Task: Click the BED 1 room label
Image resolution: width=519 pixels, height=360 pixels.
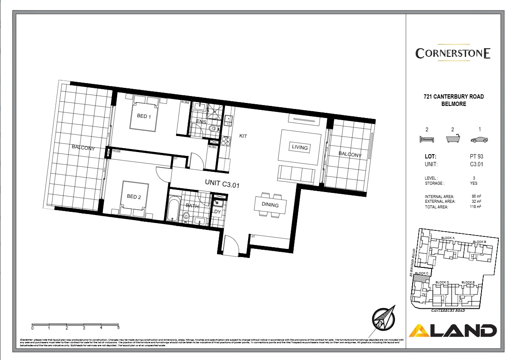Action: coord(144,116)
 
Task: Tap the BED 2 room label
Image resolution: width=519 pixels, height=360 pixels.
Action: coord(134,197)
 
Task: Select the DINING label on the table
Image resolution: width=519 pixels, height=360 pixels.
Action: coord(270,205)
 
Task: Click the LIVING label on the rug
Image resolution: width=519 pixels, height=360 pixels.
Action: coord(300,147)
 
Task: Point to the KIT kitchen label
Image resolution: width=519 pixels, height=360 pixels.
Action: coord(243,136)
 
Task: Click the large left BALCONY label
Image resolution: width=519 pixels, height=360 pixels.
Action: coord(83,148)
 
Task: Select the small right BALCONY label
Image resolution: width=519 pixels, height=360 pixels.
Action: coord(350,155)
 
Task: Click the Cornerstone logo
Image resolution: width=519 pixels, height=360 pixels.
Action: coord(453,53)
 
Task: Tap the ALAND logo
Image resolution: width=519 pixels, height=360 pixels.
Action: coord(453,331)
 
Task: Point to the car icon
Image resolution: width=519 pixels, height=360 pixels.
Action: coord(479,139)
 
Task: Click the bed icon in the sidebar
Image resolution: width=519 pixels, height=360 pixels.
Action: coord(426,139)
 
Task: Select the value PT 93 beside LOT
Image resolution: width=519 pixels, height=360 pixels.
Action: coord(476,157)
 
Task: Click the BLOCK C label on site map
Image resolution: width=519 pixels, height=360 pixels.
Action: coord(421,273)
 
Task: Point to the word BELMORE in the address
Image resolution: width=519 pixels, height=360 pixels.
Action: coord(453,104)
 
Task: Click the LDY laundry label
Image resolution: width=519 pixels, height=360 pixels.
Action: coord(216,211)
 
